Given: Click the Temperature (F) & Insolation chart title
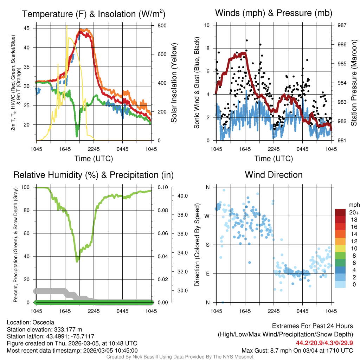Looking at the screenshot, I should (x=94, y=14).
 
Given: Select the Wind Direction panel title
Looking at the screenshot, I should (x=274, y=175).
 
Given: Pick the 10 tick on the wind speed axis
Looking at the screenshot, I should (x=207, y=25).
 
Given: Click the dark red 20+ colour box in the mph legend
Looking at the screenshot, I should (x=341, y=212).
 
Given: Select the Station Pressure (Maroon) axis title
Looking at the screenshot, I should (x=354, y=83).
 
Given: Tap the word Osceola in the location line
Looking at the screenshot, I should (x=43, y=322).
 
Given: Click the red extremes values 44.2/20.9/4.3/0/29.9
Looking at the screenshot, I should (x=324, y=343).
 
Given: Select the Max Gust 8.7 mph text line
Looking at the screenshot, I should (x=297, y=351).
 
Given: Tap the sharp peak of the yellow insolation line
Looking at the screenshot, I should (x=67, y=26).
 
